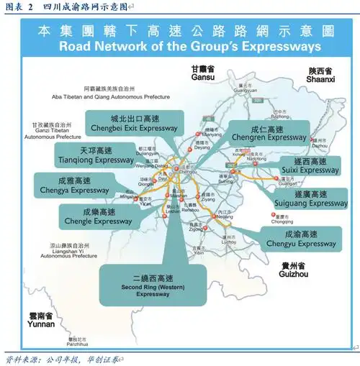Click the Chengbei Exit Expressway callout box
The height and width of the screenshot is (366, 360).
(132, 123)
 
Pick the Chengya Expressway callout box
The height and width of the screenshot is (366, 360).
(74, 185)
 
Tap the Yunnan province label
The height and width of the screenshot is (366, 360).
(37, 320)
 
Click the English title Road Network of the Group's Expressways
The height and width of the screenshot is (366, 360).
(189, 46)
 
